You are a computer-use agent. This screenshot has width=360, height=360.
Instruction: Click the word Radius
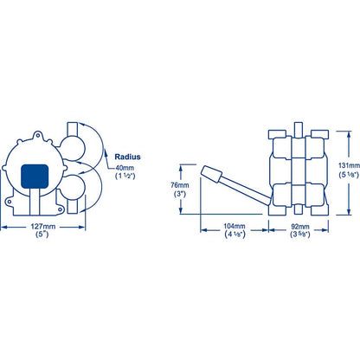127,157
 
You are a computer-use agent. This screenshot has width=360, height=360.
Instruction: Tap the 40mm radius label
125,168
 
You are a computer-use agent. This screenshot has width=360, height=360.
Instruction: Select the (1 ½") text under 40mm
125,176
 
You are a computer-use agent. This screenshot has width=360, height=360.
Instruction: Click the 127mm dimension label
43,227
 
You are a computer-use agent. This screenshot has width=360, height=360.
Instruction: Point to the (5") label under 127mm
42,235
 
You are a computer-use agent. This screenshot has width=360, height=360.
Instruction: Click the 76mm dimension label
180,185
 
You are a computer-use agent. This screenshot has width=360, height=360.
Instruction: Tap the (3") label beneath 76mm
180,194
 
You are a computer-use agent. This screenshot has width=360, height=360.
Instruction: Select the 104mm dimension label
235,227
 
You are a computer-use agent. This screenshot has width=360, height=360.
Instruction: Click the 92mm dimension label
300,227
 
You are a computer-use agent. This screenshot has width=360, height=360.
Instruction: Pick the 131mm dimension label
349,165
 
